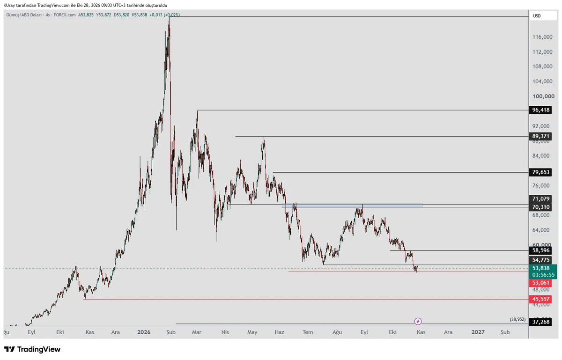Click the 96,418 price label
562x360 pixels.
tap(540, 110)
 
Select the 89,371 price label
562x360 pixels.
tap(540, 136)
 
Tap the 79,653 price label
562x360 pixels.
tap(540, 172)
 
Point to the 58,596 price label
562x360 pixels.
tap(540, 250)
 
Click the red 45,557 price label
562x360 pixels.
tap(540, 299)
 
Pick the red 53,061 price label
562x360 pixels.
tap(540, 283)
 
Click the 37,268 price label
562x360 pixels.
tap(540, 322)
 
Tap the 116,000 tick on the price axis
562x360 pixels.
tap(542, 37)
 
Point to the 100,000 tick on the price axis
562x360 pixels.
tap(543, 96)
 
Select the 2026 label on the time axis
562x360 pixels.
tap(144, 332)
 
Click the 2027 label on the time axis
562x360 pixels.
tap(478, 332)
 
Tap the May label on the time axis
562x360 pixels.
tap(252, 332)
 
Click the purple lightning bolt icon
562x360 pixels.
tap(418, 321)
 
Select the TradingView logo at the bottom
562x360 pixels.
tap(32, 349)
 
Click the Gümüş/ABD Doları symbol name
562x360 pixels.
tap(24, 15)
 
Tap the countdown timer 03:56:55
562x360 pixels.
tap(543, 275)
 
